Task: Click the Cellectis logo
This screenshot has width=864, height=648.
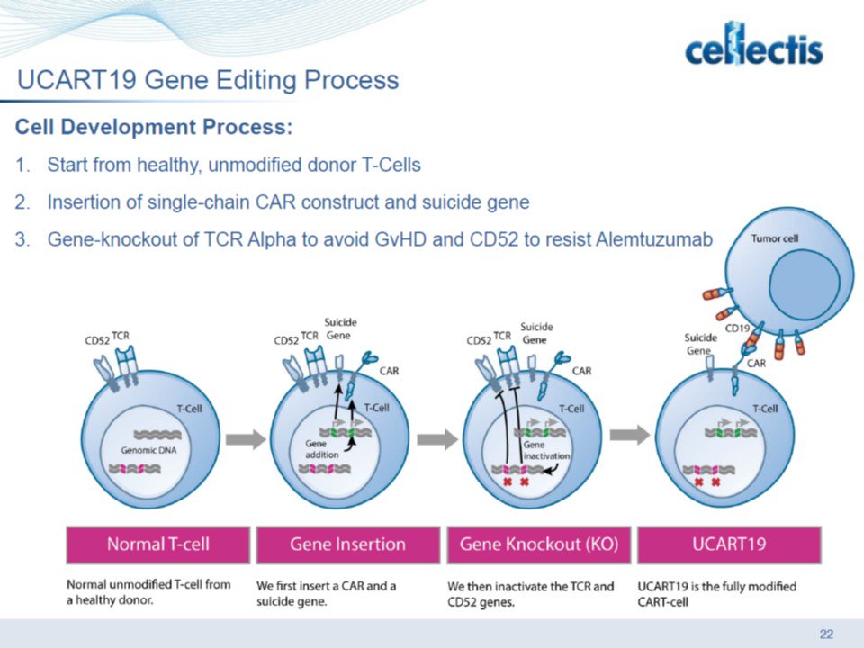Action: click(753, 49)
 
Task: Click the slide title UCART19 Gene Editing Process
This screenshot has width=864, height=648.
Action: click(208, 81)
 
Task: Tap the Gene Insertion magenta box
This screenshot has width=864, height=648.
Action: click(347, 544)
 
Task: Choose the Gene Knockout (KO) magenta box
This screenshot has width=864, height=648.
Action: click(538, 544)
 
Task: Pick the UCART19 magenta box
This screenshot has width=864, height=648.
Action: click(729, 544)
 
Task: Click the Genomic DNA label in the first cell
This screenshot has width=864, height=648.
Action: click(145, 448)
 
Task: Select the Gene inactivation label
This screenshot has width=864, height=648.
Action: click(546, 450)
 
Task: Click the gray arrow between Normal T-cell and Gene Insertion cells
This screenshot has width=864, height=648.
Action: click(245, 439)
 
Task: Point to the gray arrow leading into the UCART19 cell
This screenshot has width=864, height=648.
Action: click(629, 436)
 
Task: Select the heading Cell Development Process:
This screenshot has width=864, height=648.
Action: click(154, 127)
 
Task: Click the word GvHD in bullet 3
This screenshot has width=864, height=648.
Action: click(431, 240)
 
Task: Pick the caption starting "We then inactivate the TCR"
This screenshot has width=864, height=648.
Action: click(531, 593)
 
